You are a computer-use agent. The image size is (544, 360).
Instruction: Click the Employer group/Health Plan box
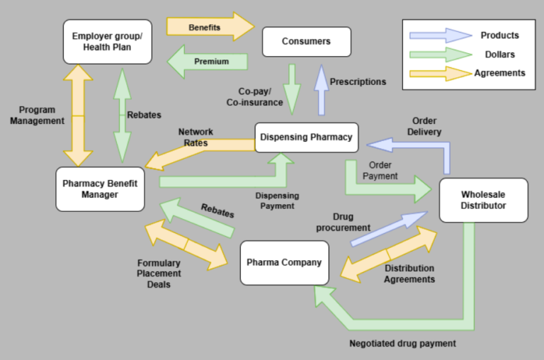[x=107, y=41]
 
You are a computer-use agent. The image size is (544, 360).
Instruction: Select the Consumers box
[x=306, y=41]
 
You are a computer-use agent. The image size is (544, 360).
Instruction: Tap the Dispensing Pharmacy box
[x=305, y=137]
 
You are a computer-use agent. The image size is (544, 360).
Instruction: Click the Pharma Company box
[x=284, y=262]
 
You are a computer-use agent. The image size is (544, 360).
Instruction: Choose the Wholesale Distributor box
[x=483, y=200]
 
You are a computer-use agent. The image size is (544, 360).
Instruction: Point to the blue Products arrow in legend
[x=440, y=35]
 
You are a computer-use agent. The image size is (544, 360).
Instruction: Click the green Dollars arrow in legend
[x=440, y=54]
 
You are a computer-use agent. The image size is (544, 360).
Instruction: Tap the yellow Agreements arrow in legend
[x=440, y=72]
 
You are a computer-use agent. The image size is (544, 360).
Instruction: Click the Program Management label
[x=37, y=116]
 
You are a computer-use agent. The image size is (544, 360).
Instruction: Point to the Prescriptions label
[x=358, y=81]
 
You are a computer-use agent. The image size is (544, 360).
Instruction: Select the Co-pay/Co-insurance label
[x=260, y=97]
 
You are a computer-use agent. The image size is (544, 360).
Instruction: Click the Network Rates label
[x=195, y=137]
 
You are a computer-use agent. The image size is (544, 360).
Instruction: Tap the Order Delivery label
[x=423, y=126]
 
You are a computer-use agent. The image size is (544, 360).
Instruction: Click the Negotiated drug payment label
[x=402, y=343]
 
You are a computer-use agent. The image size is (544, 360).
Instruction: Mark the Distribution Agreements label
[x=409, y=274]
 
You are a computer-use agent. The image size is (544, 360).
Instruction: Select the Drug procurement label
[x=343, y=222]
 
